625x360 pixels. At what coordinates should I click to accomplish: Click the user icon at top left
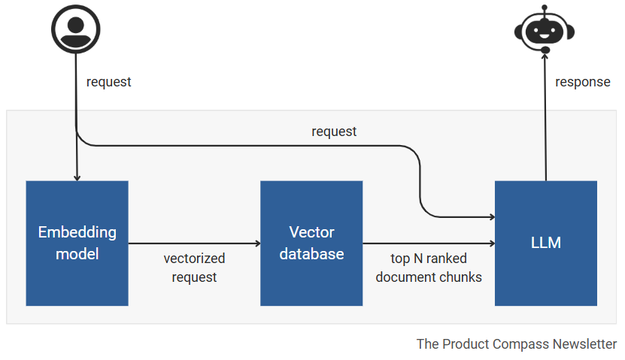(x=76, y=29)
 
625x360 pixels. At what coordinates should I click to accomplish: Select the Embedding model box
(x=77, y=243)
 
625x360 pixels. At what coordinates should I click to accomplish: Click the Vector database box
(x=311, y=243)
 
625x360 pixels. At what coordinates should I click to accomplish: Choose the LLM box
(x=545, y=243)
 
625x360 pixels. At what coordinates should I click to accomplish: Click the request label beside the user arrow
(x=108, y=82)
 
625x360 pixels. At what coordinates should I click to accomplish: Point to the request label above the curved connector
(x=334, y=132)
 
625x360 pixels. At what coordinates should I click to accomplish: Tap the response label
(x=582, y=82)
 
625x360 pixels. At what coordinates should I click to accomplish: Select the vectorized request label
(x=194, y=268)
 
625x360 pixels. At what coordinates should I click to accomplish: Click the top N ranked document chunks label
(x=429, y=268)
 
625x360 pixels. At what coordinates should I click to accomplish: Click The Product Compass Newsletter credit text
(x=517, y=343)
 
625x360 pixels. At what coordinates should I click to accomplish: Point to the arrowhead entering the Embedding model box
(x=77, y=177)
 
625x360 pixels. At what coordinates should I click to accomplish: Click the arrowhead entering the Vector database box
(x=256, y=244)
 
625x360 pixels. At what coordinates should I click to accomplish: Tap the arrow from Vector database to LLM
(x=429, y=244)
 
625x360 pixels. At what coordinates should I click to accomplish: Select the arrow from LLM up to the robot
(x=545, y=120)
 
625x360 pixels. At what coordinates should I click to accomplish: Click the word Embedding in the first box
(x=77, y=232)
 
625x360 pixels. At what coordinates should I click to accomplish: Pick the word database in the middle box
(x=311, y=254)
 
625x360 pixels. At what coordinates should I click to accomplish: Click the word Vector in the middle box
(x=311, y=232)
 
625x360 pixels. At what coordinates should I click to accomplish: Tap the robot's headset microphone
(x=545, y=50)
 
